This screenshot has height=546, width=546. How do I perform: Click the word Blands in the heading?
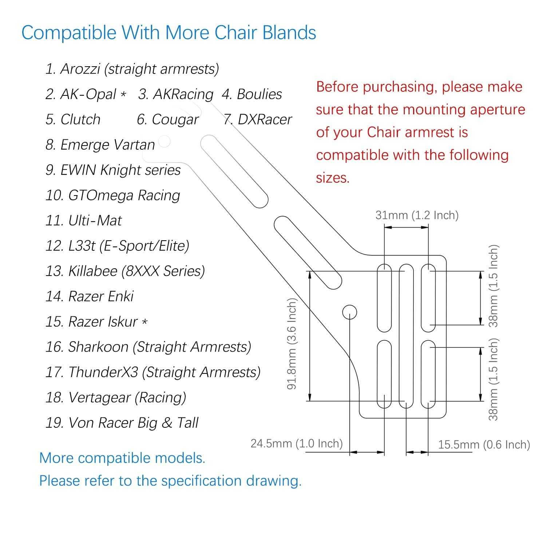click(x=289, y=32)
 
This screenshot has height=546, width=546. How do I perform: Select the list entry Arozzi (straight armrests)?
click(x=132, y=69)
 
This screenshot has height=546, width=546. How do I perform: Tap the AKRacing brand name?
click(x=176, y=94)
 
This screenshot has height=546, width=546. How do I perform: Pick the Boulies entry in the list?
click(x=252, y=94)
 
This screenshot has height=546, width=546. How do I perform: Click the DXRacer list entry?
click(x=258, y=119)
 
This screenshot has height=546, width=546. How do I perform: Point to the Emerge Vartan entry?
click(x=100, y=145)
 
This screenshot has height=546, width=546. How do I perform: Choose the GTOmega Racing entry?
click(x=112, y=195)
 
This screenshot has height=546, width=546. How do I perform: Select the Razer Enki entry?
click(x=90, y=296)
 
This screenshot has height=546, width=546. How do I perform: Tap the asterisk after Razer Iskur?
click(x=145, y=322)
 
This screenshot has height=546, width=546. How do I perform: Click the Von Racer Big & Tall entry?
click(x=122, y=423)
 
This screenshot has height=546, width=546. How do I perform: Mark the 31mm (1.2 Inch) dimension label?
click(x=417, y=215)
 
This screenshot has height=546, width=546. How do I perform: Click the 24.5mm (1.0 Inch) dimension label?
click(x=297, y=443)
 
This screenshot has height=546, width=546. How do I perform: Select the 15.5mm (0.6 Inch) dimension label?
click(x=484, y=444)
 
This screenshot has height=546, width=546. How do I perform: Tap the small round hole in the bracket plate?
click(x=350, y=312)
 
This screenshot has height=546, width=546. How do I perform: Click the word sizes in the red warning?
click(x=333, y=178)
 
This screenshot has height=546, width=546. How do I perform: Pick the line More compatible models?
click(x=122, y=458)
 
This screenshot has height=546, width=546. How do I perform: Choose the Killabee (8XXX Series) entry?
click(x=125, y=271)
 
